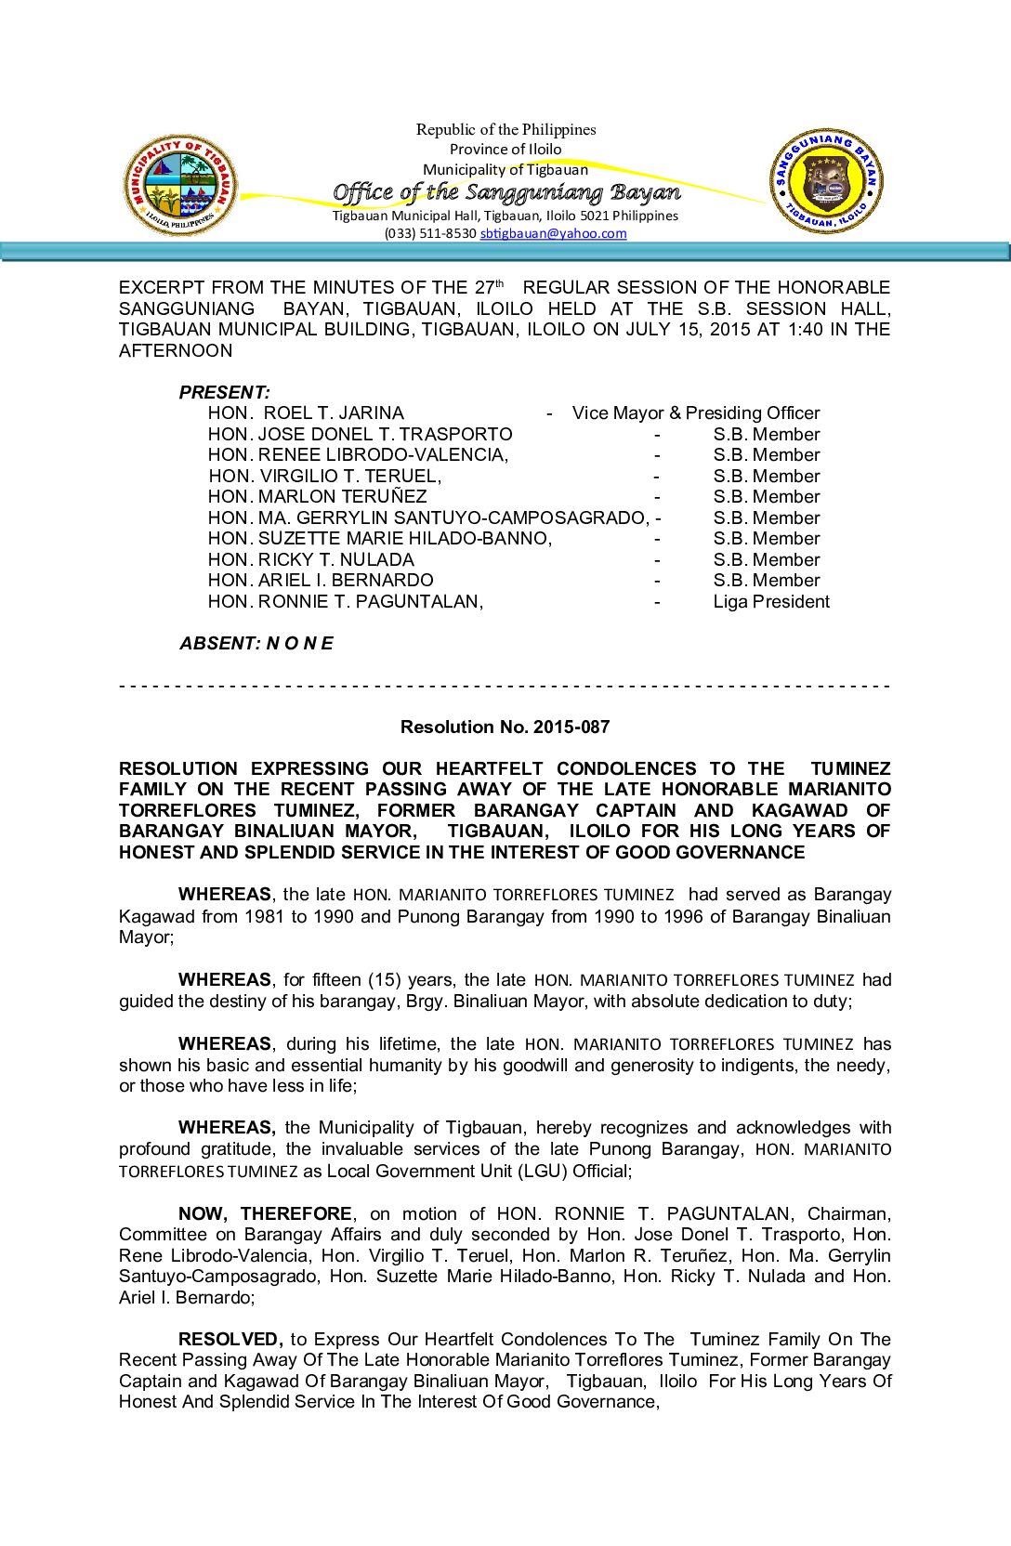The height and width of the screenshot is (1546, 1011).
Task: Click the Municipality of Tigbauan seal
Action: (x=179, y=185)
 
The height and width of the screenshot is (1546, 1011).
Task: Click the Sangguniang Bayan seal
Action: (x=826, y=181)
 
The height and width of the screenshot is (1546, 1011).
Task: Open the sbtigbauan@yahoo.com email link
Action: (x=553, y=233)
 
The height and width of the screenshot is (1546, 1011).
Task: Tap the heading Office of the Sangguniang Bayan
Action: (x=506, y=192)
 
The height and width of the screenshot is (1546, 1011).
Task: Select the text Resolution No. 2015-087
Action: (x=505, y=727)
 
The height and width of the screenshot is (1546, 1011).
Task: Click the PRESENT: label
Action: (x=225, y=392)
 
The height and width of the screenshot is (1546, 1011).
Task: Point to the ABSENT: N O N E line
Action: (x=256, y=643)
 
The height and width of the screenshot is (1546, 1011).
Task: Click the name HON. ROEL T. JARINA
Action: (x=306, y=413)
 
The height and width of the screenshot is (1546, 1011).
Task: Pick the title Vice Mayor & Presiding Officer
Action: (x=696, y=413)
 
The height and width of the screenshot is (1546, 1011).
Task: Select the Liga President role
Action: (x=771, y=602)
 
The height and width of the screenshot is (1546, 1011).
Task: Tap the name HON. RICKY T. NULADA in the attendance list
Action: (x=311, y=560)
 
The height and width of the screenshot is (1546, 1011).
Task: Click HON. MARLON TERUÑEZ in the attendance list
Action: (x=318, y=497)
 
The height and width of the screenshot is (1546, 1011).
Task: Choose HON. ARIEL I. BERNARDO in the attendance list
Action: (x=321, y=581)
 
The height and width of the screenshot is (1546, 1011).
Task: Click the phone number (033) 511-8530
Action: (x=430, y=233)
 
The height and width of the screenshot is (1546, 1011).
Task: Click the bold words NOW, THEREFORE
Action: (x=265, y=1213)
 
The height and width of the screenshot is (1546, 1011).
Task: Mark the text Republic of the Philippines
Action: (x=506, y=130)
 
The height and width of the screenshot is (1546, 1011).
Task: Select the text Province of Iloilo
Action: (x=505, y=150)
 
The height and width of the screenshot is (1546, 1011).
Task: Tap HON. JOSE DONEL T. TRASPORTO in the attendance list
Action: (x=361, y=435)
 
